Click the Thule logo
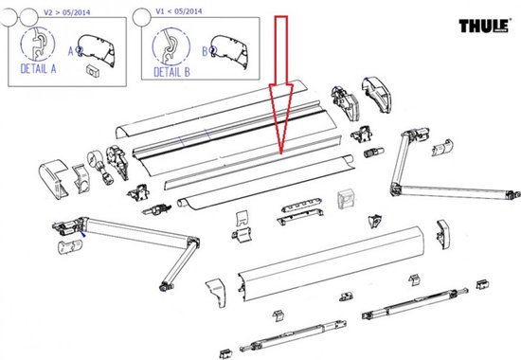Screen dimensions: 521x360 pyautogui.click(x=484, y=26)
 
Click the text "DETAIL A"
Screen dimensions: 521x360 pyautogui.click(x=38, y=69)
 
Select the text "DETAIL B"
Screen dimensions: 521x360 pyautogui.click(x=171, y=72)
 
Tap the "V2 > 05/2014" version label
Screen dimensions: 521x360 pyautogui.click(x=67, y=12)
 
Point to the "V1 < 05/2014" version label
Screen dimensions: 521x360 pyautogui.click(x=179, y=11)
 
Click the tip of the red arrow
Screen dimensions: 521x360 pyautogui.click(x=281, y=154)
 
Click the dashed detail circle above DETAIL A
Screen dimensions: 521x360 pyautogui.click(x=38, y=44)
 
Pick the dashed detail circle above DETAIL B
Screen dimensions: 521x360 pyautogui.click(x=171, y=46)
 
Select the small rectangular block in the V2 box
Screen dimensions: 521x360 pyautogui.click(x=93, y=70)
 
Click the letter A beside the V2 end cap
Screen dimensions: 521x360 pyautogui.click(x=70, y=51)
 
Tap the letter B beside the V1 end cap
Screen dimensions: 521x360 pyautogui.click(x=205, y=51)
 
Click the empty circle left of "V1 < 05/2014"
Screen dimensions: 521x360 pyautogui.click(x=142, y=18)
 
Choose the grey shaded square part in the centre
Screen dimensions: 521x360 pyautogui.click(x=347, y=199)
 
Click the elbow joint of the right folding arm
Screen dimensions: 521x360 pyautogui.click(x=395, y=189)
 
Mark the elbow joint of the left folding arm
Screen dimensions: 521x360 pyautogui.click(x=193, y=242)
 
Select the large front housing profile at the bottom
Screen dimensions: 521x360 pyautogui.click(x=331, y=262)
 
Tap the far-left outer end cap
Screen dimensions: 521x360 pyautogui.click(x=53, y=178)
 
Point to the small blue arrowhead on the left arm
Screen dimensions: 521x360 pyautogui.click(x=83, y=234)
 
